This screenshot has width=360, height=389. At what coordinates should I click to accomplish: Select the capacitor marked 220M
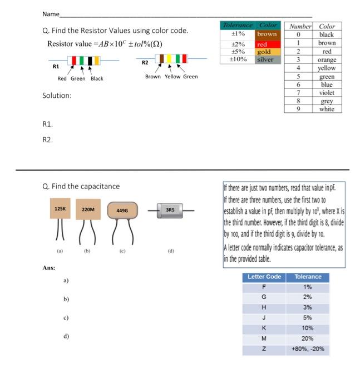[88, 209]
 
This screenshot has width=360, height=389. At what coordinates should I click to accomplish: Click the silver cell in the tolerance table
[265, 59]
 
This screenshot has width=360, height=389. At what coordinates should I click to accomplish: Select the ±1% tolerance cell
[238, 34]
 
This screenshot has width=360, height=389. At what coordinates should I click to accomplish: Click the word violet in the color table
[327, 93]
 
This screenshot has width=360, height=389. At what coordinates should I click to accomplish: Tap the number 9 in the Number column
[299, 109]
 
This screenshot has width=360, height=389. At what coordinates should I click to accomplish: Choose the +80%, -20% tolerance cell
[308, 349]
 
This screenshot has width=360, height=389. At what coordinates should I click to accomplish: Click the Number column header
[299, 26]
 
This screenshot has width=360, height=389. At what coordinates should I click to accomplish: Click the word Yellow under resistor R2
[172, 77]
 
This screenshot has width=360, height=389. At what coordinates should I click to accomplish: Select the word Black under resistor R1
[97, 78]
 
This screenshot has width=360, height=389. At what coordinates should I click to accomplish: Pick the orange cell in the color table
[327, 59]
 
